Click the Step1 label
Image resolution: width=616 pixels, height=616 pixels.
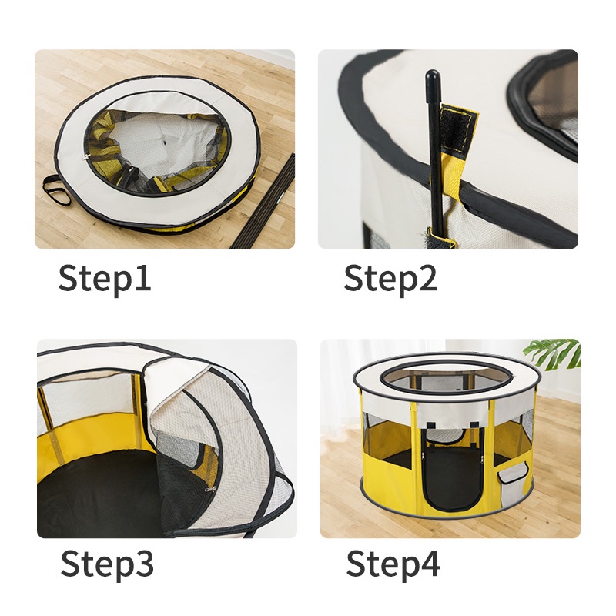105,279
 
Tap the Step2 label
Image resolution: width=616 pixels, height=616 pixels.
390,279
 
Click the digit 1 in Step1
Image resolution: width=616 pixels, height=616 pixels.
143,277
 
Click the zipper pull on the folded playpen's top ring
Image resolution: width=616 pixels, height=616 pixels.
85,158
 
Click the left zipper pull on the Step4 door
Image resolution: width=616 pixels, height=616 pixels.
423,457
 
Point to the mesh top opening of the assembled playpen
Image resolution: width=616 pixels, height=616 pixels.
448,379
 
